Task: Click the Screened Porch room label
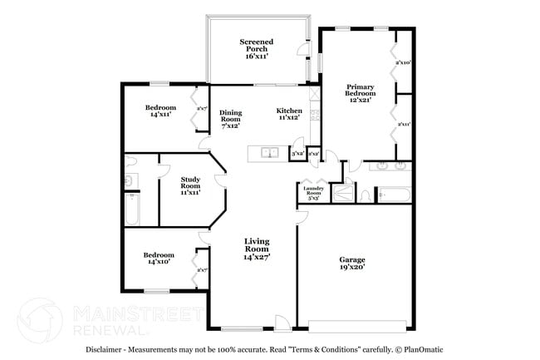257,49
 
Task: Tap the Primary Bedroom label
360,92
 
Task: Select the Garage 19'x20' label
351,264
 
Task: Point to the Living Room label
257,249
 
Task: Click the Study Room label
190,185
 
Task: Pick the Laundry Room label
313,193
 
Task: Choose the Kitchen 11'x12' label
288,115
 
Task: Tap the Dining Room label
230,119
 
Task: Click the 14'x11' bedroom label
160,111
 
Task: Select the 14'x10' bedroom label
158,259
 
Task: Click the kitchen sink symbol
268,152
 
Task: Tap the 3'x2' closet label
297,154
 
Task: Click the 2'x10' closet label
404,62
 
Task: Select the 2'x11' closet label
404,125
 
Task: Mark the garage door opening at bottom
358,323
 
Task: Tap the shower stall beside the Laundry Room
341,193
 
